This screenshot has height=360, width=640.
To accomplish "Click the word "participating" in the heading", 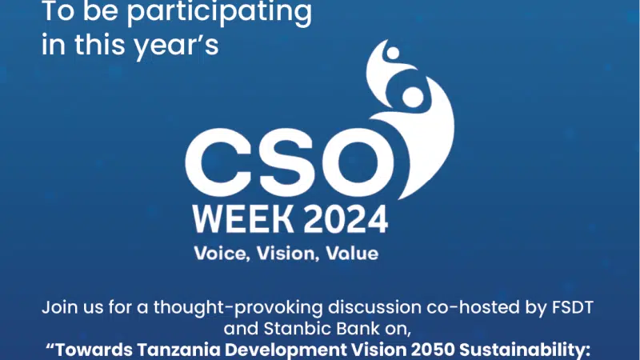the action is coord(219,13).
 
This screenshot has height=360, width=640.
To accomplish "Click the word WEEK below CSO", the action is coord(243,219).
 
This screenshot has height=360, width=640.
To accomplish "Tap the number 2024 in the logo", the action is coord(346,219).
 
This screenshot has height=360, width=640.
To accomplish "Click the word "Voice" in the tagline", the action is coord(222,254).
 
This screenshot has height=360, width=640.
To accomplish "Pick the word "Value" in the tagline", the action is coord(352,254).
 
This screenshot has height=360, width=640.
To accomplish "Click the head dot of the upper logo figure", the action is coord(393,53).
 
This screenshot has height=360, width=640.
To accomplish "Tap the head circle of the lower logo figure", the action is coord(413,97).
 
